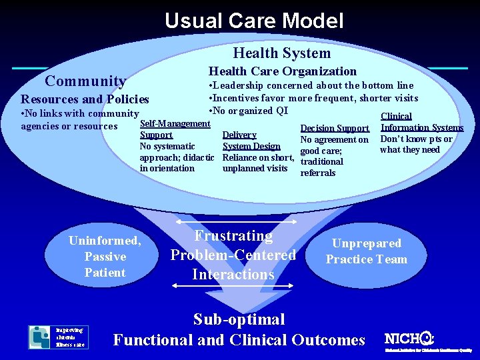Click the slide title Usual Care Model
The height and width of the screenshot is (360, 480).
(x=254, y=21)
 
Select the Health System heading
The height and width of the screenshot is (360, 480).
(x=281, y=53)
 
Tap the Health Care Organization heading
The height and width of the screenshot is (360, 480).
(x=283, y=71)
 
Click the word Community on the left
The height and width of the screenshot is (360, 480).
(x=85, y=81)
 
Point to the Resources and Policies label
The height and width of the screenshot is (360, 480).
(x=85, y=99)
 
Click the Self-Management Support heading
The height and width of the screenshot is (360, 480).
(x=175, y=129)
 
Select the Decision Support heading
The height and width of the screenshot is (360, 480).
(x=335, y=128)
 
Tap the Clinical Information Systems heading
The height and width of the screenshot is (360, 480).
(x=421, y=122)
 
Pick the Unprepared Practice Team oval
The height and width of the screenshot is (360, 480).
(x=366, y=251)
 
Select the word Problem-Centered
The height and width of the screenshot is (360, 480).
(x=233, y=255)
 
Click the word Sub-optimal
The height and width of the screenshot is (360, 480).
(x=239, y=319)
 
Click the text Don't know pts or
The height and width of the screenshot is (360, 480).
(x=416, y=139)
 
